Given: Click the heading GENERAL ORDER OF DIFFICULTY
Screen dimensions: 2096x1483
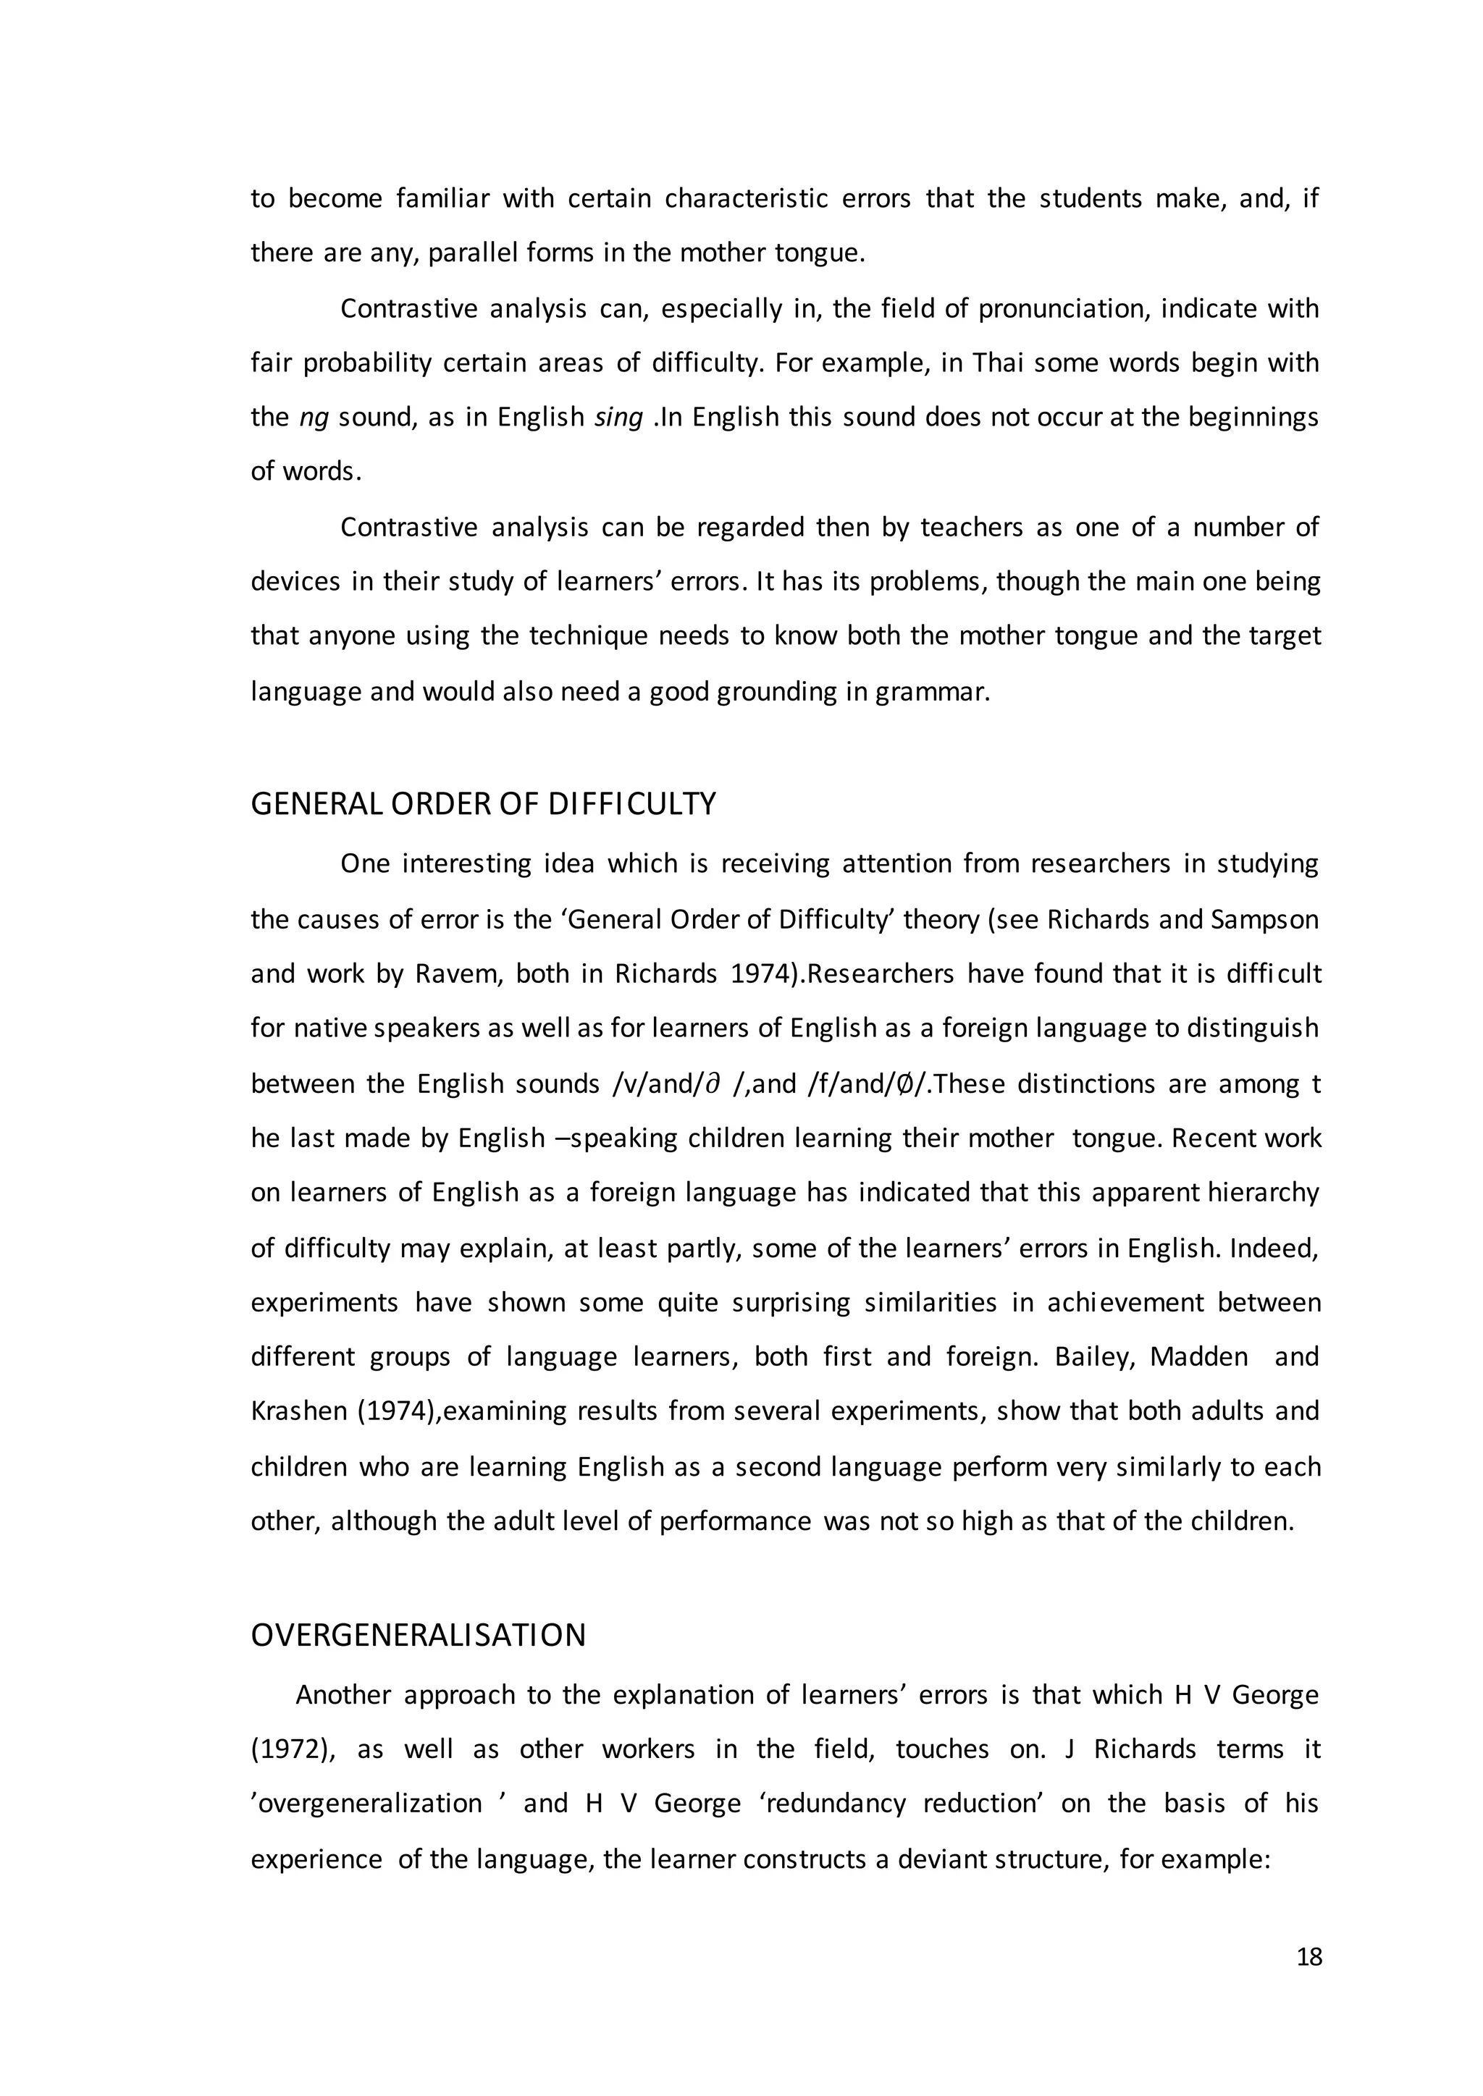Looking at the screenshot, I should pyautogui.click(x=483, y=804).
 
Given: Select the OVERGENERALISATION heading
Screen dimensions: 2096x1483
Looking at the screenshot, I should pyautogui.click(x=419, y=1635).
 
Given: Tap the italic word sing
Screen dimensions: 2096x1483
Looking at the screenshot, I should pyautogui.click(x=618, y=417).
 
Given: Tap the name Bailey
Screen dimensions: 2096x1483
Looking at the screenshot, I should pyautogui.click(x=1092, y=1356).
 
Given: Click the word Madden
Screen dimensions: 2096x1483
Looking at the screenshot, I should pyautogui.click(x=1198, y=1356).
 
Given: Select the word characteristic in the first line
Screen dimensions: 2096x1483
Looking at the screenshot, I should pyautogui.click(x=787, y=199).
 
